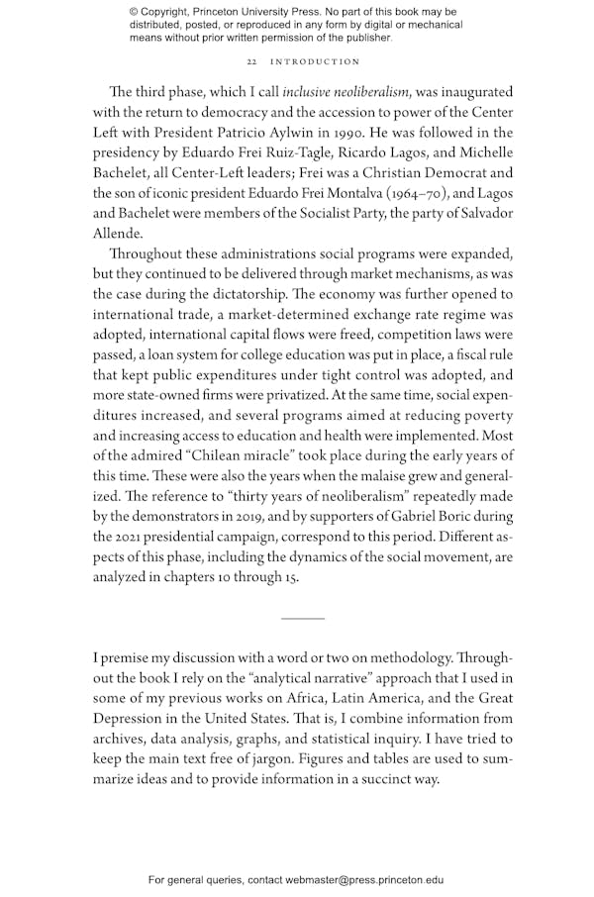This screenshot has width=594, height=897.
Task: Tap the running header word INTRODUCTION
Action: (x=316, y=62)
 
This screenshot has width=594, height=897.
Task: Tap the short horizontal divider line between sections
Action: (x=302, y=619)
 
